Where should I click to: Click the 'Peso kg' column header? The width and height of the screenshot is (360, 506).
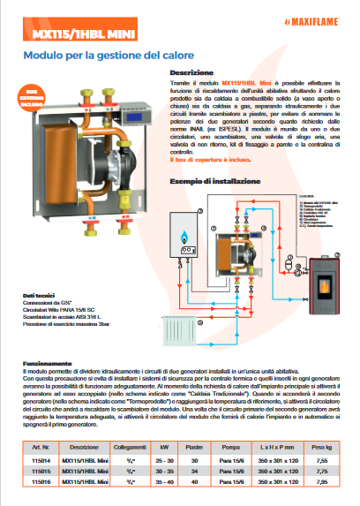(326, 449)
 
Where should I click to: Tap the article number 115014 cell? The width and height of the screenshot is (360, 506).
(39, 461)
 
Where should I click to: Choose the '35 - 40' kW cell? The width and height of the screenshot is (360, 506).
(165, 484)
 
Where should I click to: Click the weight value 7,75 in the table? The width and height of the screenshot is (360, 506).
(326, 472)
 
